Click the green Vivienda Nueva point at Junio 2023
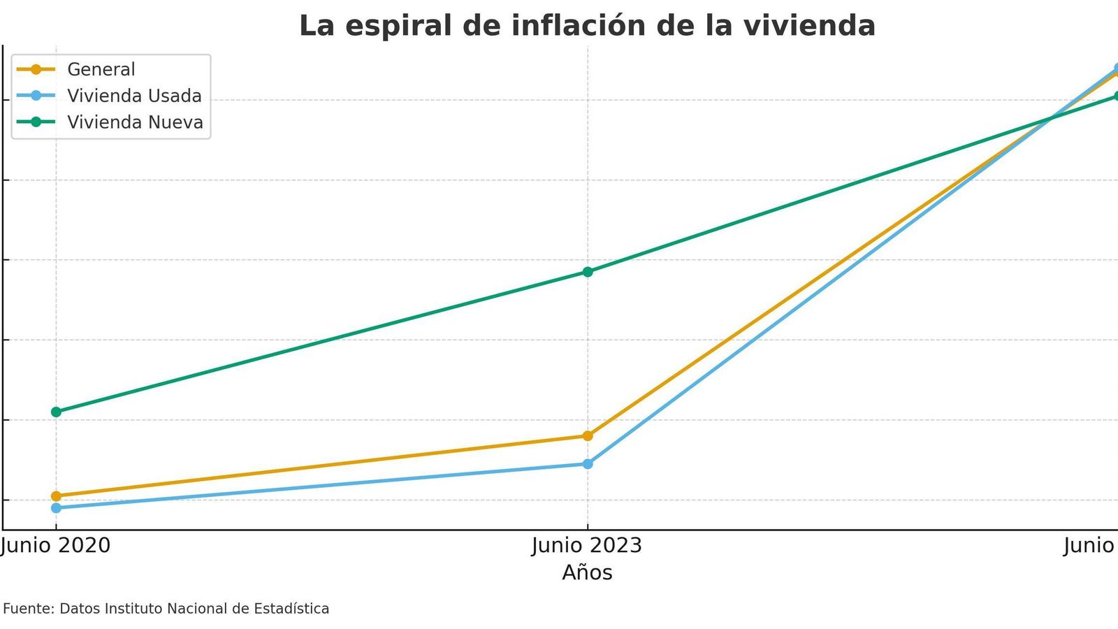[587, 272]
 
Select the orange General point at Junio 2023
[587, 436]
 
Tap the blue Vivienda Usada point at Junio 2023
[587, 464]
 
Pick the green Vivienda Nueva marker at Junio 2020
[56, 412]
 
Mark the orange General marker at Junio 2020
[56, 496]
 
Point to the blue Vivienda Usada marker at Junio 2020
[56, 508]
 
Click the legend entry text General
[101, 69]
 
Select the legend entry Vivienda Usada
[134, 96]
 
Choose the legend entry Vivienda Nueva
[135, 122]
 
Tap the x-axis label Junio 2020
[56, 545]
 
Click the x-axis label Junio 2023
[587, 545]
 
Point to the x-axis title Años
[587, 573]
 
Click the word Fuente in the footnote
[28, 609]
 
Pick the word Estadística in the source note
[291, 609]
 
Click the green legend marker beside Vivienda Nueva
[36, 122]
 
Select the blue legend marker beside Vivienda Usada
[36, 96]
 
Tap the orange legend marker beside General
[36, 69]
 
